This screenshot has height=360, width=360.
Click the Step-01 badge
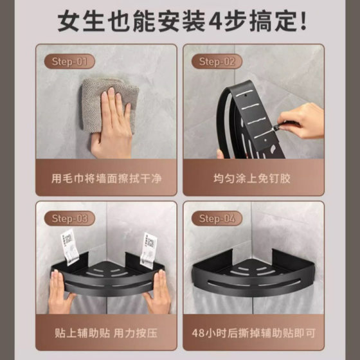[x=69, y=61]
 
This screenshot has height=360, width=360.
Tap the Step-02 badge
[x=217, y=61]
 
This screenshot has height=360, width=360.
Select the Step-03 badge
[x=69, y=219]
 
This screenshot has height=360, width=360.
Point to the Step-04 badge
[x=217, y=219]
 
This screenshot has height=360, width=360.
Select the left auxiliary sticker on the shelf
[x=69, y=248]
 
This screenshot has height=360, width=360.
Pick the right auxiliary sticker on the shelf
[x=148, y=250]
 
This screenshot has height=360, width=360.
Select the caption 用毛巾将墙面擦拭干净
[x=106, y=179]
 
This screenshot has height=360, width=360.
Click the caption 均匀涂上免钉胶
[x=252, y=179]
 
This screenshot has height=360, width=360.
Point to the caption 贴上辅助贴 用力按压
[x=106, y=333]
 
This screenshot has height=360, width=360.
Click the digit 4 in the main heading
[x=216, y=21]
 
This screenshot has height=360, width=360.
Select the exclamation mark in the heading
[x=303, y=21]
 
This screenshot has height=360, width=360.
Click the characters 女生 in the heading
[x=81, y=21]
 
